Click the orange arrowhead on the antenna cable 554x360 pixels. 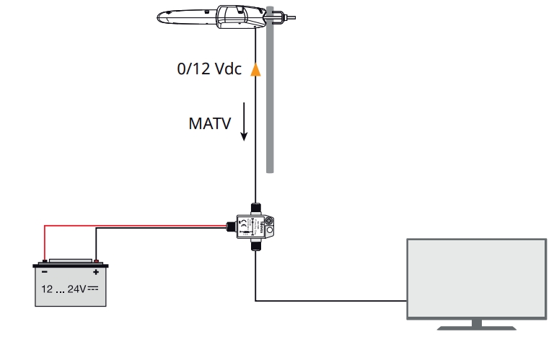tap(255, 69)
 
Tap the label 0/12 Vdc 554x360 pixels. tap(208, 69)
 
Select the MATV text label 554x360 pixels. tap(209, 123)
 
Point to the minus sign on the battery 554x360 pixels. tap(44, 272)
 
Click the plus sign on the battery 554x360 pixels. tap(95, 272)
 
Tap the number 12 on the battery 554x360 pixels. tap(48, 289)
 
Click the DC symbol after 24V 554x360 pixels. tap(92, 289)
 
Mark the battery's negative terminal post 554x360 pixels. tap(44, 261)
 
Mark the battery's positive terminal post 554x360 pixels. tap(95, 261)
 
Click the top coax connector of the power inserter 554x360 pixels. tap(255, 208)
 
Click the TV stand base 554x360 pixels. tap(478, 327)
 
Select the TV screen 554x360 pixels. tap(477, 278)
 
